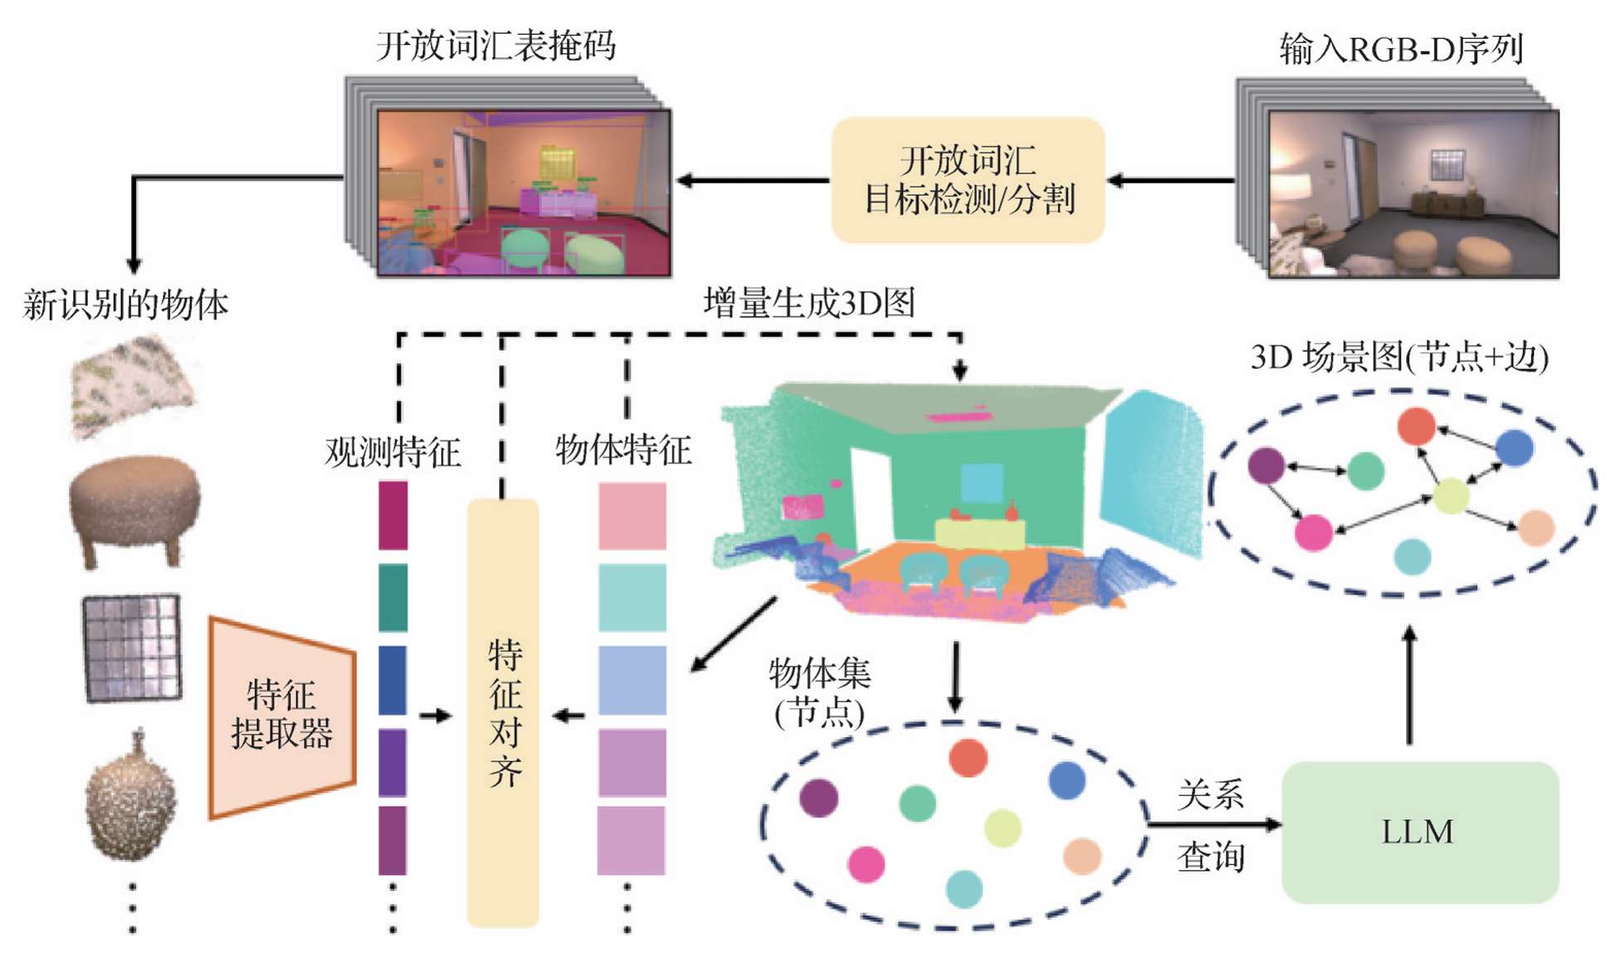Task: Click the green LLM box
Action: point(1419,832)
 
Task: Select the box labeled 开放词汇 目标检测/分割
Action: point(967,180)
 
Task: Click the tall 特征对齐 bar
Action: point(503,712)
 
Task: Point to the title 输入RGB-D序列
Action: point(1401,49)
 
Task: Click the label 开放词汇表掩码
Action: point(496,46)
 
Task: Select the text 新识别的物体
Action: point(125,304)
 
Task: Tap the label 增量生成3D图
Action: point(809,303)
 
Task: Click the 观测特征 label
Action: point(392,452)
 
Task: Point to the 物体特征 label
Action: point(622,449)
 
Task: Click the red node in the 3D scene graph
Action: point(1416,426)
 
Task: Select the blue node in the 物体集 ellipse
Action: point(1066,780)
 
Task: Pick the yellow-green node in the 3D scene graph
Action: point(1451,495)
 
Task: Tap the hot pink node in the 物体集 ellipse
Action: point(866,863)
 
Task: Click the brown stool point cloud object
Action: point(134,506)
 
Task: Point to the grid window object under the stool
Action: point(132,648)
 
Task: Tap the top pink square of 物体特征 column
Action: point(632,517)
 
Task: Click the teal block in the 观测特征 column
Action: point(393,598)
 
